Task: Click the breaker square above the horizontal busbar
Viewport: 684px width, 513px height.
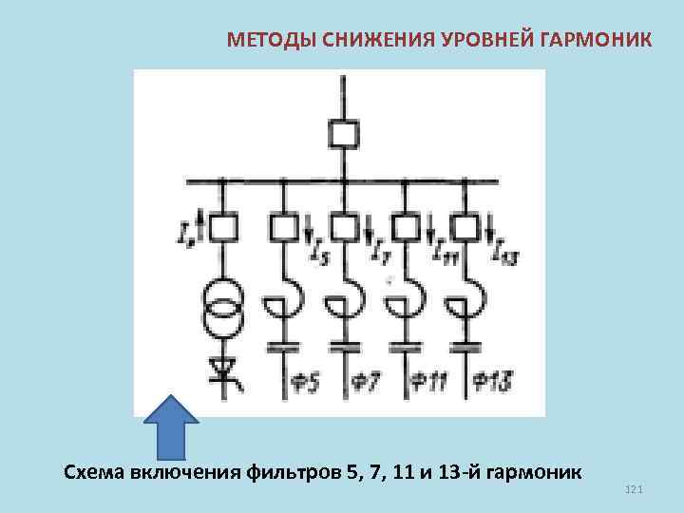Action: (x=343, y=134)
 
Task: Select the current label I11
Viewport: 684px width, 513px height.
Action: (x=442, y=253)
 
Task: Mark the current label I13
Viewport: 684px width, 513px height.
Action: (x=503, y=253)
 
